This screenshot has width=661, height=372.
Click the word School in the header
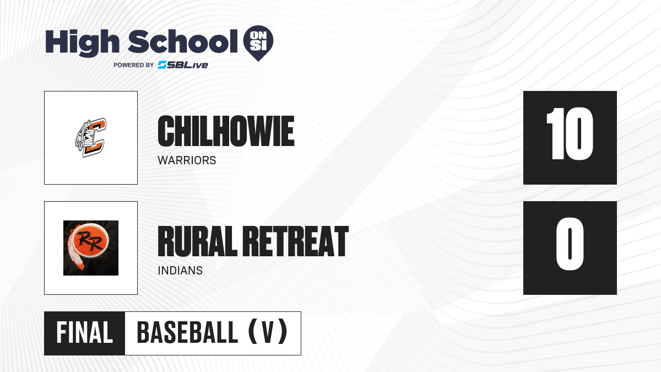[x=183, y=41]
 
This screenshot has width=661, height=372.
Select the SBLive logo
[x=183, y=65]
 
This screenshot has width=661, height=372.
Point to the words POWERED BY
[x=134, y=65]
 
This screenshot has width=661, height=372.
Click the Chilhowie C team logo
[x=90, y=138]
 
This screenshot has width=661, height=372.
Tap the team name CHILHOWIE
[x=226, y=131]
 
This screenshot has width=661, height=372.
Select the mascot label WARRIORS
[x=187, y=160]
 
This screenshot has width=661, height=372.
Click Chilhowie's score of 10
[x=570, y=134]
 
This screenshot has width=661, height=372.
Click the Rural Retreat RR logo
[x=91, y=248]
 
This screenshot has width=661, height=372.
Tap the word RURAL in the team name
[x=197, y=241]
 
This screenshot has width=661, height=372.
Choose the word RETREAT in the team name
[x=296, y=241]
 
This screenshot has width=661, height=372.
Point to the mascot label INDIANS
[x=180, y=271]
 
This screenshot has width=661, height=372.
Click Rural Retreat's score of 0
[x=570, y=244]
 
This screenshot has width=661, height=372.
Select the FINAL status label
[x=85, y=333]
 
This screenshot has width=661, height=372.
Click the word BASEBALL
[x=187, y=333]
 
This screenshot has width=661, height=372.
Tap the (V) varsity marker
[x=268, y=332]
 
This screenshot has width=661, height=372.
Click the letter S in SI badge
[x=254, y=46]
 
